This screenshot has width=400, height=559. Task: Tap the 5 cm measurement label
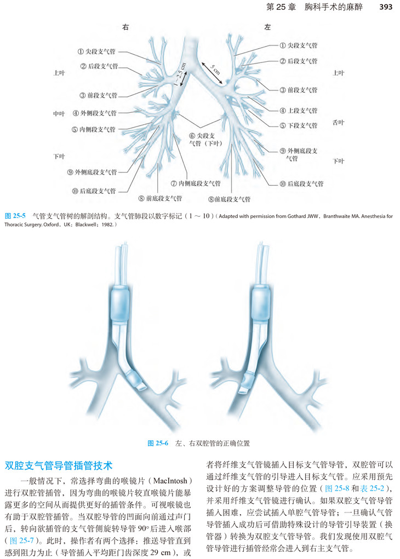[214, 70]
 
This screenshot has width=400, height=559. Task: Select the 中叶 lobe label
[59, 113]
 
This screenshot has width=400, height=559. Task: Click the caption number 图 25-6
[158, 443]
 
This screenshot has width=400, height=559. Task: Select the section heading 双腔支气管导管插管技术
[59, 466]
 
